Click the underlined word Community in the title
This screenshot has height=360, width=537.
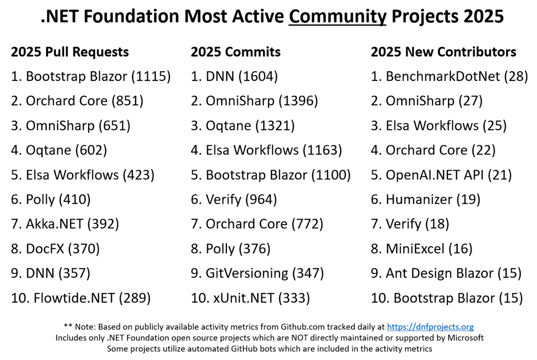(337, 16)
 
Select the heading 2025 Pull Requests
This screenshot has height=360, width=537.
(70, 52)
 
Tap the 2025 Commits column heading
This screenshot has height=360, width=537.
(235, 52)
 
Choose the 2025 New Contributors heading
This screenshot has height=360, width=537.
(443, 52)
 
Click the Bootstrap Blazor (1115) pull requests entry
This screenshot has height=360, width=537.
(91, 76)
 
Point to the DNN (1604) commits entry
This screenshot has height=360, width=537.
(234, 76)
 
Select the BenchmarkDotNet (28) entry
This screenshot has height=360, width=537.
(449, 76)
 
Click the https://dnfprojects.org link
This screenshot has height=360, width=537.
(430, 327)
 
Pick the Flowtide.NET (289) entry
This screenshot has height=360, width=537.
(81, 298)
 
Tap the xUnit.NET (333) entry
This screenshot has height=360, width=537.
(250, 298)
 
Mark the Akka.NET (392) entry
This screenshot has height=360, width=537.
(65, 224)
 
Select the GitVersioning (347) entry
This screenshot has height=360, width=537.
(257, 273)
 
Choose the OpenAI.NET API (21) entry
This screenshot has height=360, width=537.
(441, 175)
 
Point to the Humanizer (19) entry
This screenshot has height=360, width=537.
(426, 199)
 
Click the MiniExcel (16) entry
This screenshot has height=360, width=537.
(422, 249)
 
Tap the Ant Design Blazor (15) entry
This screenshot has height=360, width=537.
(446, 273)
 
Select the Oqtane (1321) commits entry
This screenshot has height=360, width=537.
(243, 125)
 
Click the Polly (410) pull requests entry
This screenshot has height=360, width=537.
(51, 199)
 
